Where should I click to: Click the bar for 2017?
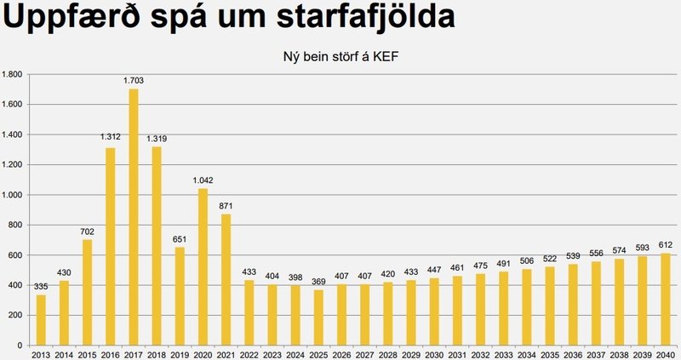(x=134, y=217)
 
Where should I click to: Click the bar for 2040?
(x=666, y=299)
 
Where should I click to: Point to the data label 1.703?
(x=134, y=81)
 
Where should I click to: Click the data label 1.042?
(x=203, y=180)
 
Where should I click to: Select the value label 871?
(x=226, y=206)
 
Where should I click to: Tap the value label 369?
(x=318, y=282)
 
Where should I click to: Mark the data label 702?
(x=88, y=231)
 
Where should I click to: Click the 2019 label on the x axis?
(x=180, y=353)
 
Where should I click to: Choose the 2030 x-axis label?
(x=434, y=353)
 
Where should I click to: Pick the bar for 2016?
(x=111, y=247)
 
